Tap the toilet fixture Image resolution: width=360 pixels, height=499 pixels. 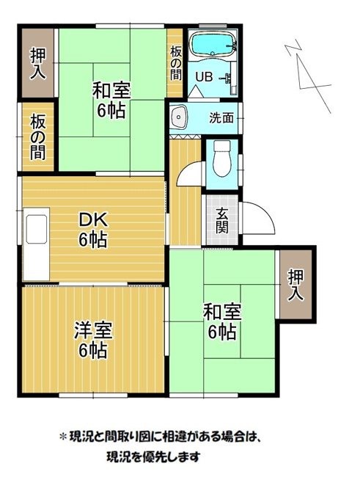pyautogui.click(x=222, y=159)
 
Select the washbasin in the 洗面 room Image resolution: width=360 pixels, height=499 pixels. pyautogui.click(x=179, y=117)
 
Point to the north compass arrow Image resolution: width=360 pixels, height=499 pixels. pyautogui.click(x=308, y=76)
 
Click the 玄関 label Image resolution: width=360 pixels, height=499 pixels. pyautogui.click(x=221, y=221)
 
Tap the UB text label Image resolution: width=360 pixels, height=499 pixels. pyautogui.click(x=204, y=77)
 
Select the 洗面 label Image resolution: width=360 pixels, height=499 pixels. pyautogui.click(x=221, y=118)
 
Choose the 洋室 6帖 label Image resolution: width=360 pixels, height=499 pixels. pyautogui.click(x=93, y=340)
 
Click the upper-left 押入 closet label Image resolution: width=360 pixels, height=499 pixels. pyautogui.click(x=38, y=64)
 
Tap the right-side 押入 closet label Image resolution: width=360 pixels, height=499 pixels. pyautogui.click(x=295, y=285)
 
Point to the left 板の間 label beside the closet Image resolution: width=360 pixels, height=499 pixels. pyautogui.click(x=38, y=137)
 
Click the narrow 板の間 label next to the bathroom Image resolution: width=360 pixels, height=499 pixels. pyautogui.click(x=175, y=63)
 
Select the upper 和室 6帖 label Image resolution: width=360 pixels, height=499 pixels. pyautogui.click(x=111, y=100)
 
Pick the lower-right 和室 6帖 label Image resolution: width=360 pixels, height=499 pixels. pyautogui.click(x=222, y=321)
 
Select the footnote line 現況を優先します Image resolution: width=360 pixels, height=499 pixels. pyautogui.click(x=153, y=457)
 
